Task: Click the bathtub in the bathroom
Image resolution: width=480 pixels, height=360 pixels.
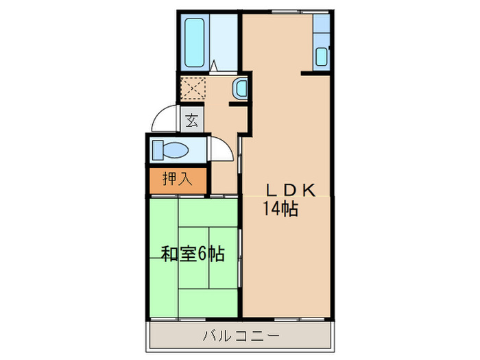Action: point(197,42)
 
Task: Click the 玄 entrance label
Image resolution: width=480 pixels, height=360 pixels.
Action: point(191,121)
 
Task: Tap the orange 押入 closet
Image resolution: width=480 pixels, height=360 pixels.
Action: point(177,180)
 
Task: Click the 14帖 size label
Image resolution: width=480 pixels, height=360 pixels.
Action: point(280,209)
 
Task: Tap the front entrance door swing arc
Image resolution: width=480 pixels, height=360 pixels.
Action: point(165,118)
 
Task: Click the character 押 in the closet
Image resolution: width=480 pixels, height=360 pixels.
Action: point(169,180)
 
